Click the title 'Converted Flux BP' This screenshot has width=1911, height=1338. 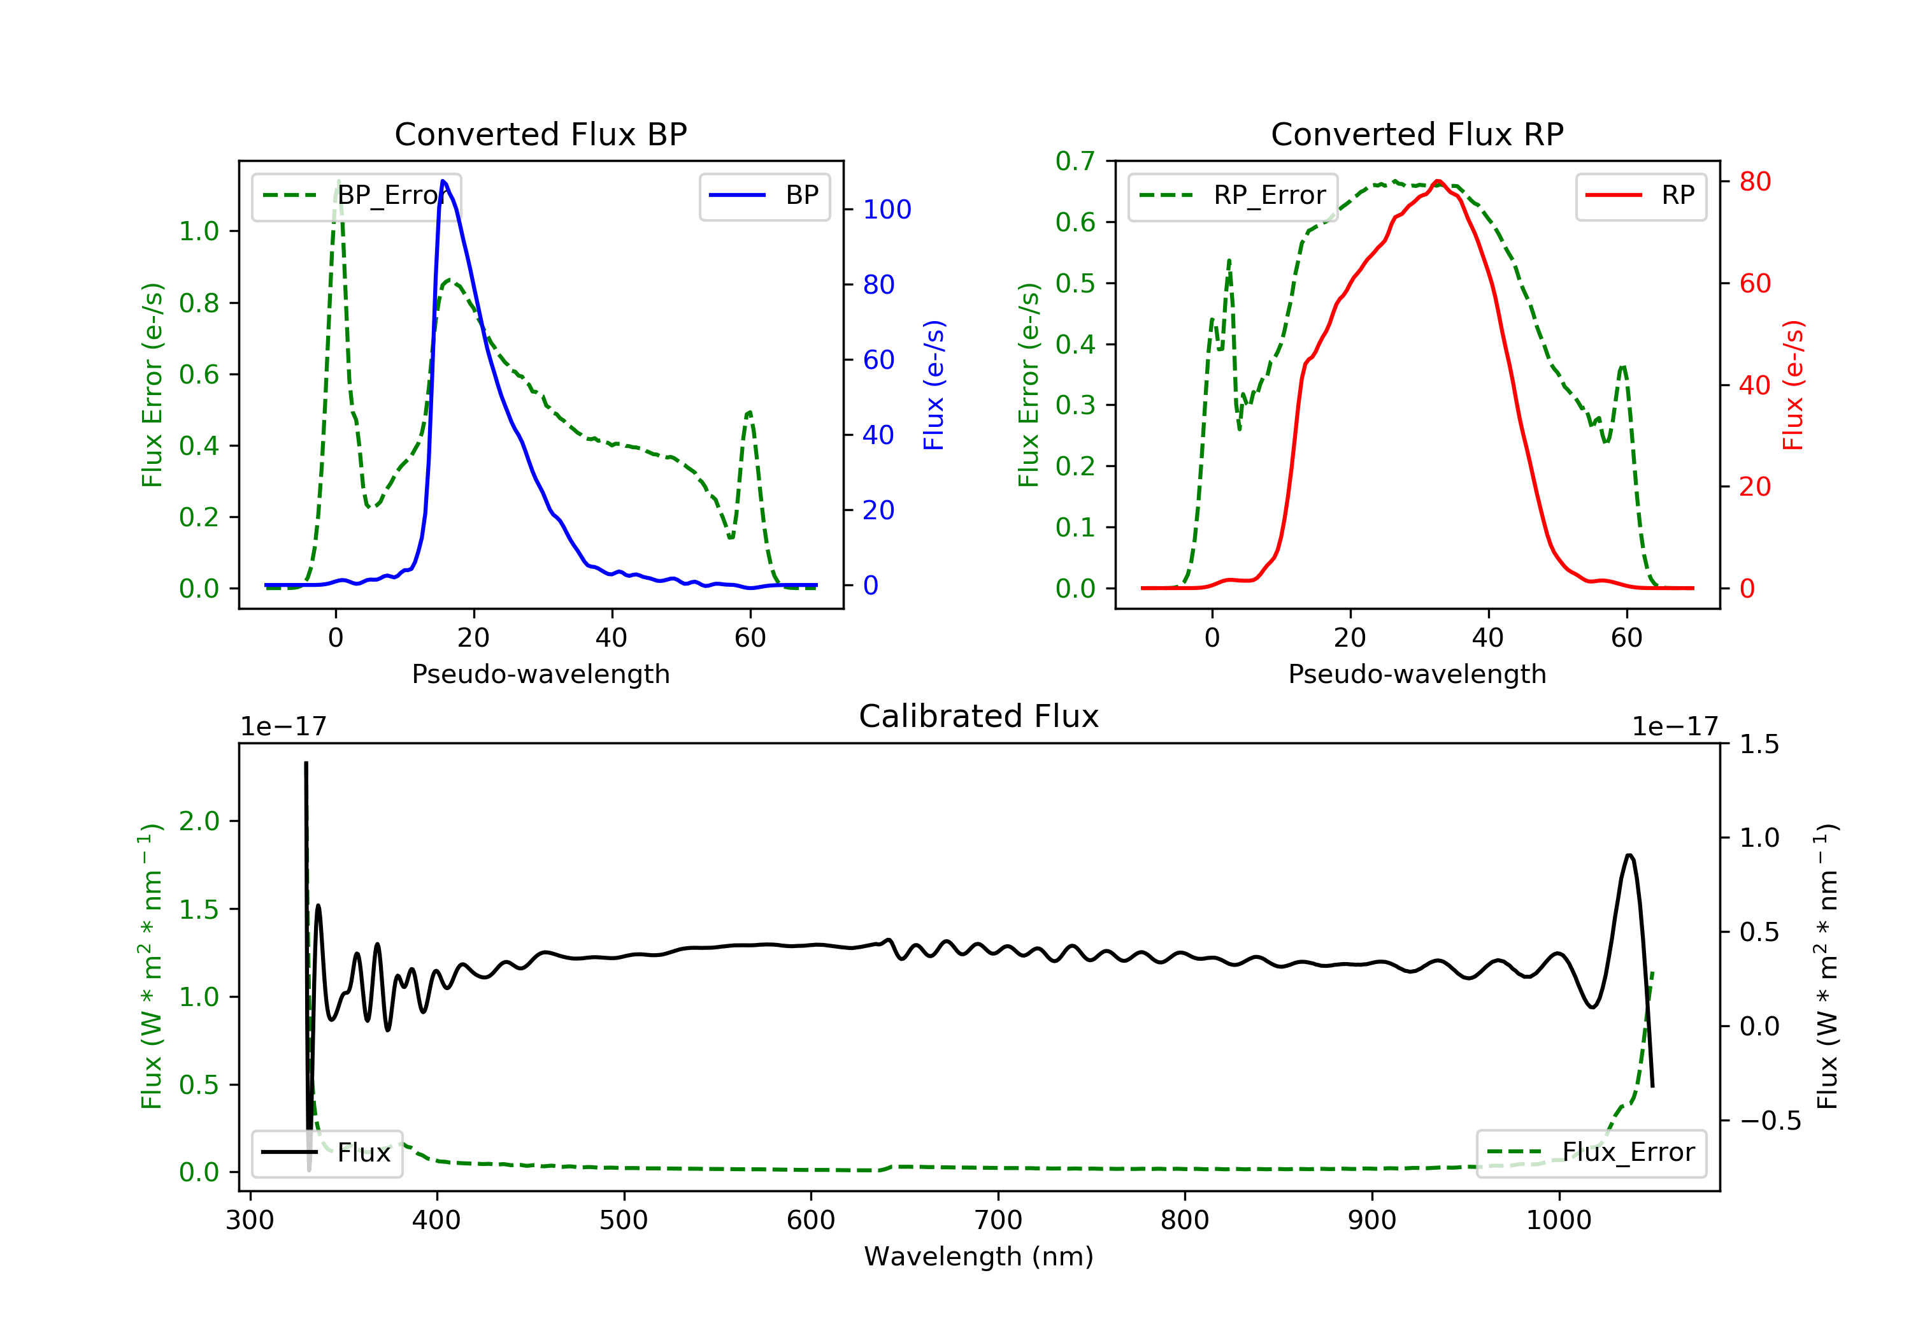pyautogui.click(x=541, y=134)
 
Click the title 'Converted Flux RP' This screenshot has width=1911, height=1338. pyautogui.click(x=1417, y=134)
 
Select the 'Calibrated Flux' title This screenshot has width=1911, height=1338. pyautogui.click(x=979, y=716)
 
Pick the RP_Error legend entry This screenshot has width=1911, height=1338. pyautogui.click(x=1233, y=196)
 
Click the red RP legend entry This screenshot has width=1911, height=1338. pyautogui.click(x=1640, y=196)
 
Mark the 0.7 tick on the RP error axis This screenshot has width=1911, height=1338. pyautogui.click(x=1075, y=161)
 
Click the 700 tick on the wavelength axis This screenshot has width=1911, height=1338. pyautogui.click(x=998, y=1219)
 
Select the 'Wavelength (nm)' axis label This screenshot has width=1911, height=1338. pyautogui.click(x=979, y=1256)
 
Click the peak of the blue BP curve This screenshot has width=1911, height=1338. pyautogui.click(x=443, y=181)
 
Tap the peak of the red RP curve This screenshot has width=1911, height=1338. pyautogui.click(x=1438, y=181)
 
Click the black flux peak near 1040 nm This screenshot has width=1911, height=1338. pyautogui.click(x=1629, y=855)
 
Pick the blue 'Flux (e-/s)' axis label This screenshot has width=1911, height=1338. pyautogui.click(x=934, y=385)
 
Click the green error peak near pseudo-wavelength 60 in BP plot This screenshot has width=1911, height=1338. pyautogui.click(x=749, y=412)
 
